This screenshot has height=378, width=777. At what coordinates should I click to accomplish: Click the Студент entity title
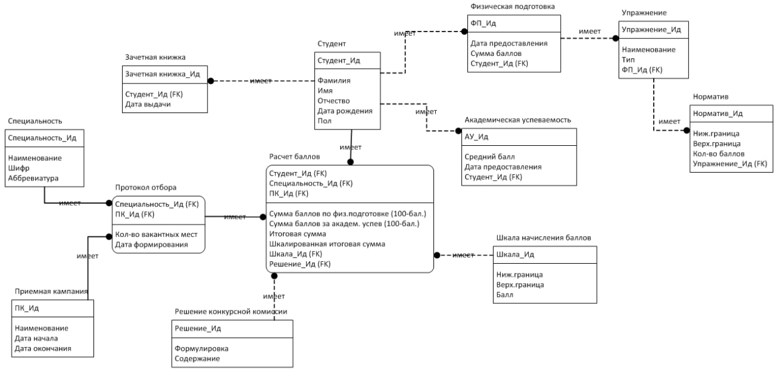click(331, 44)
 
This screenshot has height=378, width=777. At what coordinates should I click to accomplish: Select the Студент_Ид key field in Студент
click(339, 60)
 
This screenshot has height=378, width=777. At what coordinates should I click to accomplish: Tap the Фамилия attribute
click(333, 80)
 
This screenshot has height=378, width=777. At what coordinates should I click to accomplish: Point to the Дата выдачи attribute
click(148, 105)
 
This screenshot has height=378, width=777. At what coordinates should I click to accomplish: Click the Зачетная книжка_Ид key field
click(162, 74)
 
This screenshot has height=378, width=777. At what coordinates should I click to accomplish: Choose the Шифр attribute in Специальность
click(19, 168)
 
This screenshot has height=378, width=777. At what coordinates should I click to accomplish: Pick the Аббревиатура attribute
click(33, 179)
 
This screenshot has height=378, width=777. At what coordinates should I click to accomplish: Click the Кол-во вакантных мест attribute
click(156, 235)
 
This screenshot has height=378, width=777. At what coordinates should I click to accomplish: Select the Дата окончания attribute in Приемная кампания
click(42, 349)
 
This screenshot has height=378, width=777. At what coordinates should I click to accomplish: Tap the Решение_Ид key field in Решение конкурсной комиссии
click(197, 328)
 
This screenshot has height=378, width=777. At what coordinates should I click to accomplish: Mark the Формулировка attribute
click(202, 349)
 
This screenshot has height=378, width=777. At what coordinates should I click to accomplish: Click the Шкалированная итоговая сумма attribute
click(327, 244)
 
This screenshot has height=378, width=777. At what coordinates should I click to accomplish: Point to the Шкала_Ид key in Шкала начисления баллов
click(515, 255)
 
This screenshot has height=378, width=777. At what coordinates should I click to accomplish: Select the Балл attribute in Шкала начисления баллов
click(504, 295)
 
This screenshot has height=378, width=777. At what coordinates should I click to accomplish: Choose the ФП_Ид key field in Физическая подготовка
click(484, 23)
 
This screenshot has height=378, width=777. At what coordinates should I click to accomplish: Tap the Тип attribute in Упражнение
click(628, 60)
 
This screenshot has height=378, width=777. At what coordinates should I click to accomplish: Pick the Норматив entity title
click(710, 97)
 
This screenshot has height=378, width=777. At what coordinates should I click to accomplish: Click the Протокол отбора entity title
click(146, 187)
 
